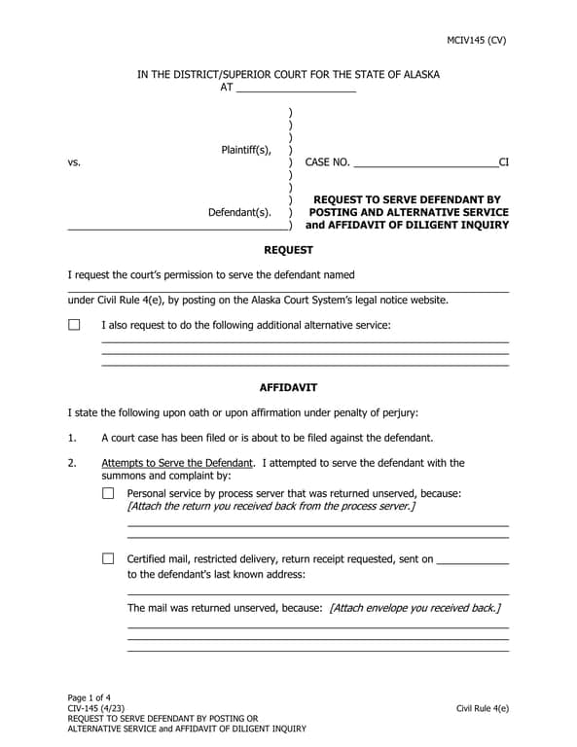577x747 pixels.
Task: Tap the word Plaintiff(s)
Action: tap(246, 150)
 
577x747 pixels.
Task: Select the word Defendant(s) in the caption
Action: tap(239, 212)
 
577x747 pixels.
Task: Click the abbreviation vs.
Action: tap(74, 163)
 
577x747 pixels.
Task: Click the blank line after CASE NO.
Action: tap(425, 163)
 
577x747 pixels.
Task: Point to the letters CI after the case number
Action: tap(503, 163)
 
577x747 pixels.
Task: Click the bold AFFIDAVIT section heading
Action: tap(288, 387)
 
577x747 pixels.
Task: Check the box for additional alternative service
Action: tap(74, 325)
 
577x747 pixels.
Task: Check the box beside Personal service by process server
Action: tap(108, 493)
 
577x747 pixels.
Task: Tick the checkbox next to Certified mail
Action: tap(108, 559)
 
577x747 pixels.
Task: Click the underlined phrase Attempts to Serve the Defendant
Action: tap(177, 463)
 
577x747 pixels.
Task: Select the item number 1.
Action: tap(72, 438)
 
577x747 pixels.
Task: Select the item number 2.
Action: tap(72, 463)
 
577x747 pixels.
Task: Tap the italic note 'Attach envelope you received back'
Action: tap(415, 608)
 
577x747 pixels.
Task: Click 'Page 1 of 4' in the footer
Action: tap(91, 698)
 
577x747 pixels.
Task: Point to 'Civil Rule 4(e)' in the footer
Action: tap(482, 709)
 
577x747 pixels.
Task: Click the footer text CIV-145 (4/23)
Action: tap(95, 709)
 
